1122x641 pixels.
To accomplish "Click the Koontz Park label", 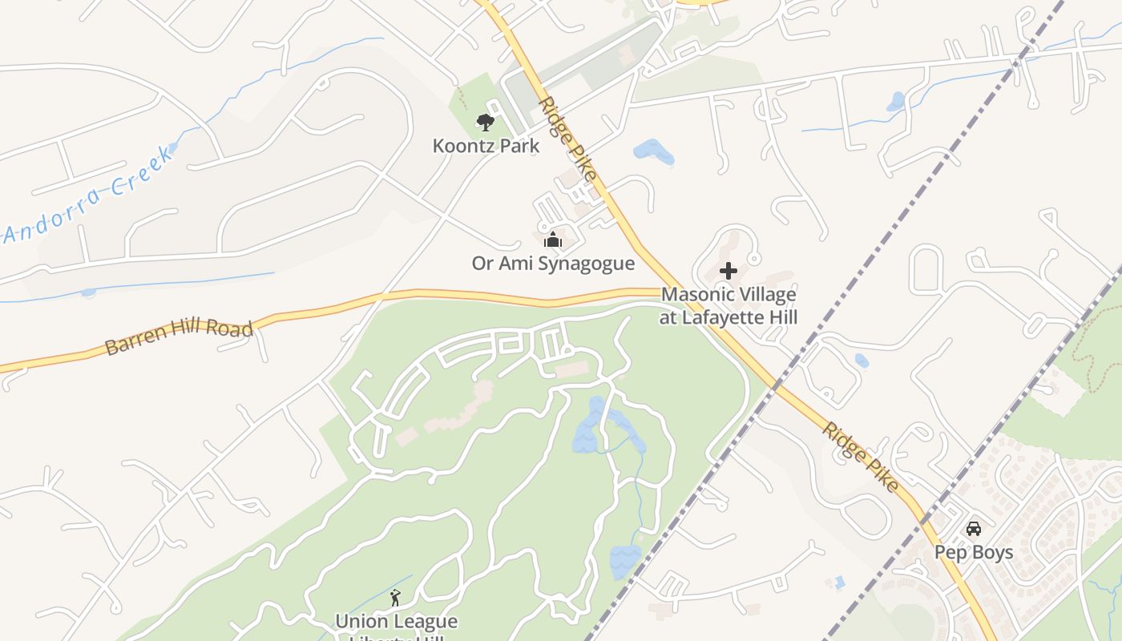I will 486,146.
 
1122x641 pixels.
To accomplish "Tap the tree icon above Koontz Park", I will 485,123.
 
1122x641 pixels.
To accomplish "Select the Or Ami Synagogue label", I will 553,263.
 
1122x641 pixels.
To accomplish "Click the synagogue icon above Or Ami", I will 552,240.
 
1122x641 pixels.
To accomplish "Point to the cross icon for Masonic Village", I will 728,271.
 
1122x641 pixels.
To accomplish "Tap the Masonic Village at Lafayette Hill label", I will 728,305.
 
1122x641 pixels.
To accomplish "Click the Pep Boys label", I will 974,552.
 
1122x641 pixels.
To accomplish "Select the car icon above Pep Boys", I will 974,529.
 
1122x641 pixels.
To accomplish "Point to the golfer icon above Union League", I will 394,598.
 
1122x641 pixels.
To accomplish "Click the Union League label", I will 396,622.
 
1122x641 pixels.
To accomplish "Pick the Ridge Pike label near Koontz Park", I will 568,138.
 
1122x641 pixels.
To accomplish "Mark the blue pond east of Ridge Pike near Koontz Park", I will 652,151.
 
